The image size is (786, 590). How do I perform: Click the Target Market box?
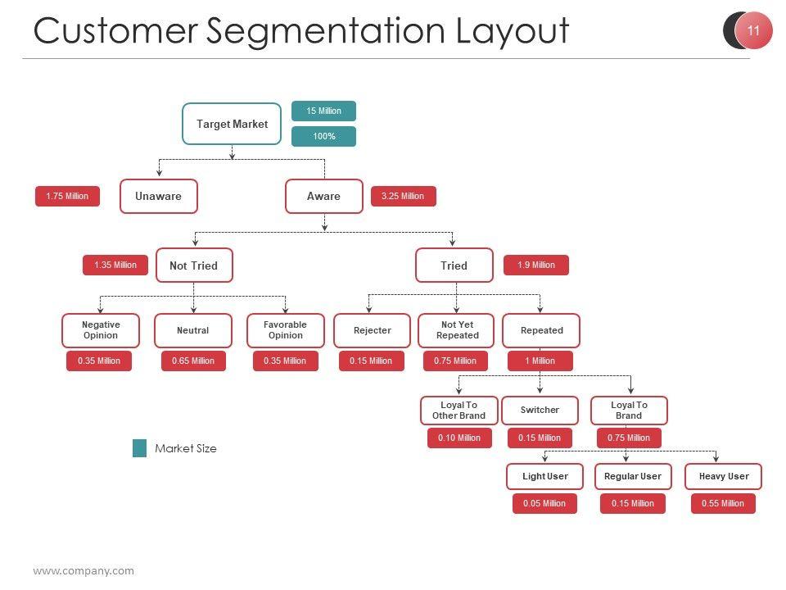[232, 124]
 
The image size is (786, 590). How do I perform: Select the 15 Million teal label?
[323, 111]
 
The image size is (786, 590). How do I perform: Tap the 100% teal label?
[323, 136]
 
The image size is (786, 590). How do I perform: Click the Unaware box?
[158, 196]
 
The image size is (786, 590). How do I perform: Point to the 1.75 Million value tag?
[67, 196]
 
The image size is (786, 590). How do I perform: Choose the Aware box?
[323, 196]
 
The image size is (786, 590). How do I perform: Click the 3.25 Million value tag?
[403, 196]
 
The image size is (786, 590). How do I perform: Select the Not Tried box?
[193, 265]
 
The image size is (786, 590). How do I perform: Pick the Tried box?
[454, 265]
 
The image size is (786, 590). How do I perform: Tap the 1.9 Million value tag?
[535, 265]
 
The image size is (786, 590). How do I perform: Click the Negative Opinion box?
[101, 330]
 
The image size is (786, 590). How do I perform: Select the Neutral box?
[193, 330]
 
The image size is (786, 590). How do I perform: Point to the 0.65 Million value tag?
[193, 361]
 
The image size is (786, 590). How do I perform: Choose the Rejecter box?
[373, 330]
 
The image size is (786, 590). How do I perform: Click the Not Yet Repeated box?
[457, 330]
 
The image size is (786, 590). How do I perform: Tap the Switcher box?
[540, 410]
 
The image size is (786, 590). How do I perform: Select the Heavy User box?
[723, 476]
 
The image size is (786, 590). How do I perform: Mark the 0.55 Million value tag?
[722, 503]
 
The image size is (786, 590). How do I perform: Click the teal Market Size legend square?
[140, 448]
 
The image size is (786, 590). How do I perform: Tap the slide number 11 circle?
[753, 31]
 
